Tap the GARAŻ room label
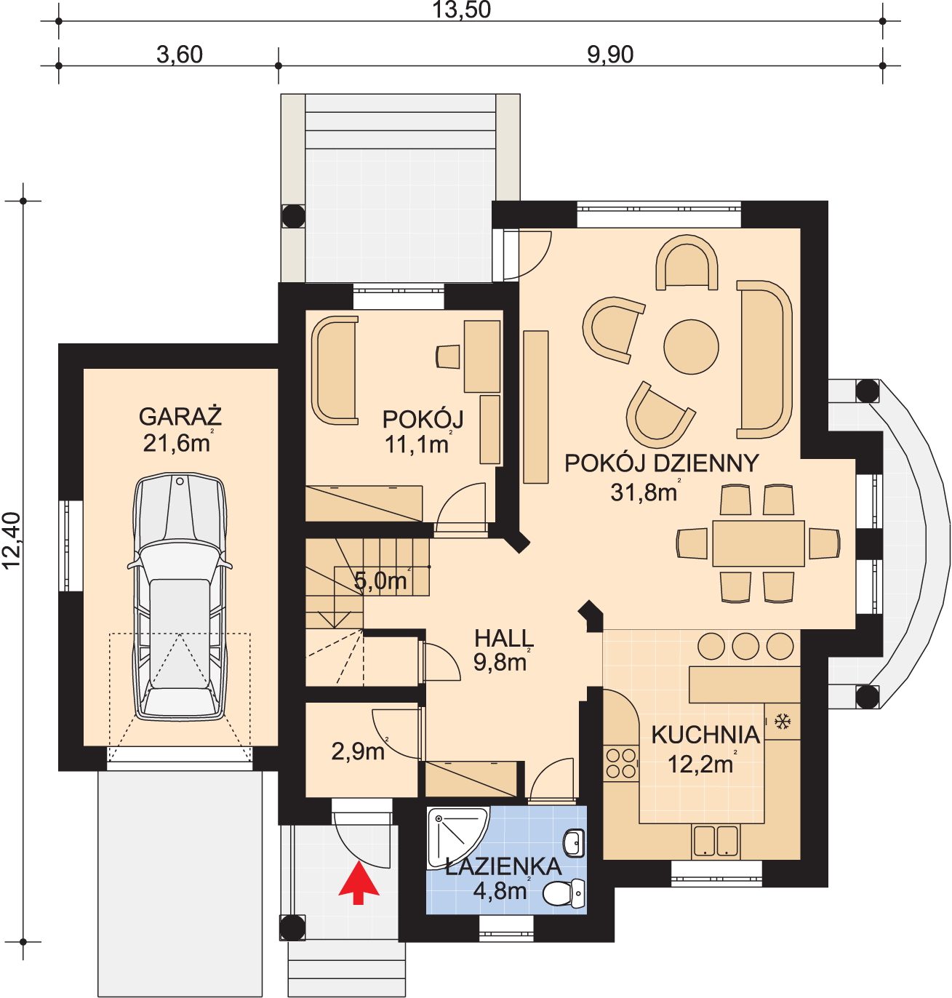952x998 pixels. pyautogui.click(x=180, y=417)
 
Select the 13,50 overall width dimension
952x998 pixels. pyautogui.click(x=461, y=10)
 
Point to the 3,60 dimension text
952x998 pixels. pyautogui.click(x=180, y=55)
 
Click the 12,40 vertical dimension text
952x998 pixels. pyautogui.click(x=11, y=541)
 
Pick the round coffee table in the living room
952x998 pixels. pyautogui.click(x=691, y=347)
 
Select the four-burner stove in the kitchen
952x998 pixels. pyautogui.click(x=621, y=764)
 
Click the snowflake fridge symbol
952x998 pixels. pyautogui.click(x=783, y=722)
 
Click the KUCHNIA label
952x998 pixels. pyautogui.click(x=705, y=735)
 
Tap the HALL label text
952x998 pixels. pyautogui.click(x=504, y=638)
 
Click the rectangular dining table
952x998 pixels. pyautogui.click(x=758, y=543)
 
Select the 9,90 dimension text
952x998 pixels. pyautogui.click(x=610, y=55)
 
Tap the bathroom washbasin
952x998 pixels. pyautogui.click(x=574, y=843)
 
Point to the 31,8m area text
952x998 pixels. pyautogui.click(x=645, y=492)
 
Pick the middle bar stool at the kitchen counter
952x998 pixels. pyautogui.click(x=745, y=647)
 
